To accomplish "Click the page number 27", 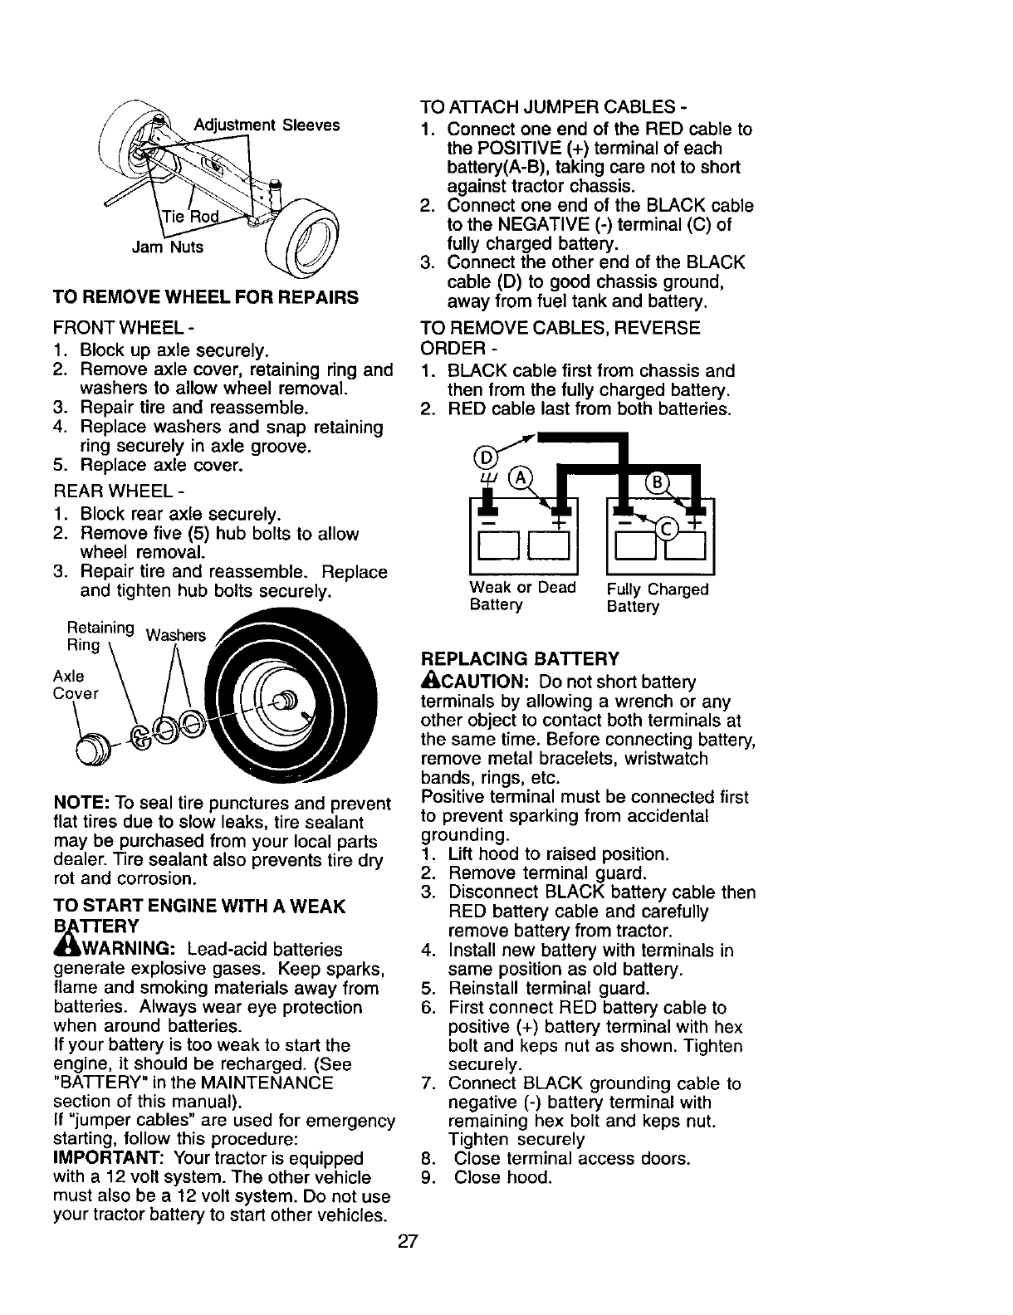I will click(408, 1242).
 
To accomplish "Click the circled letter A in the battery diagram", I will click(521, 478).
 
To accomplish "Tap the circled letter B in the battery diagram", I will click(660, 483).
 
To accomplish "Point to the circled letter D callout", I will click(482, 457).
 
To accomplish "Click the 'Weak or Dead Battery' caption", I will click(522, 596).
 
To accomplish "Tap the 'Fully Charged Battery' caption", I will click(658, 598).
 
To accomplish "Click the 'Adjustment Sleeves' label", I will click(267, 125).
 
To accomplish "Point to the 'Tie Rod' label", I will click(191, 218).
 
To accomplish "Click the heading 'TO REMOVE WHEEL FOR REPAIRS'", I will click(206, 296).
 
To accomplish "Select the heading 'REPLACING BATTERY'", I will click(521, 659).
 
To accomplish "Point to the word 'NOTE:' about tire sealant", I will click(78, 804).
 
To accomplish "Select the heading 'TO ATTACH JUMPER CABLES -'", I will click(554, 107).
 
